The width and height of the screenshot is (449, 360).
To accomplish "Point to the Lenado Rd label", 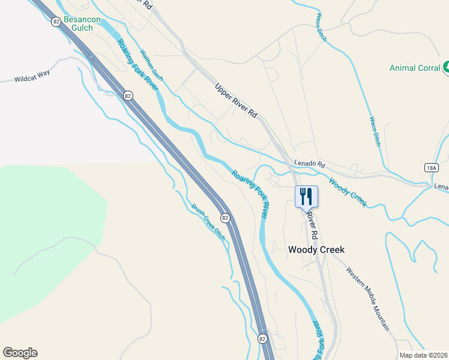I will [309, 164].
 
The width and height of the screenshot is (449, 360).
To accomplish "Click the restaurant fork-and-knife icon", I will [306, 196].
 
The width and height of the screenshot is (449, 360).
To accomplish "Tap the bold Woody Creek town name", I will [316, 250].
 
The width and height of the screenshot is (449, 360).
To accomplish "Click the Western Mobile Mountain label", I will [367, 298].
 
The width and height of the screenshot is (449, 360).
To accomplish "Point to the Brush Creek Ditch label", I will [208, 222].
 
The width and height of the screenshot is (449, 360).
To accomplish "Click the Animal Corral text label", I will [415, 68].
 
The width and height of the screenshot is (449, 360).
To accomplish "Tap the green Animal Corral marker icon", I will [446, 68].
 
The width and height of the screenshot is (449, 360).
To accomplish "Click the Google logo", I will [20, 353].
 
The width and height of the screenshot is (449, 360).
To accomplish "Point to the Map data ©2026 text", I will [423, 355].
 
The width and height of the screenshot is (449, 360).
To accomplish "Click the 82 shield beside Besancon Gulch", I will [56, 21].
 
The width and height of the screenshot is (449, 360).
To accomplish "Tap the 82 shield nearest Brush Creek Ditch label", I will [224, 218].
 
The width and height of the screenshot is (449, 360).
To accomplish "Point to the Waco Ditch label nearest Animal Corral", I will [375, 131].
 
